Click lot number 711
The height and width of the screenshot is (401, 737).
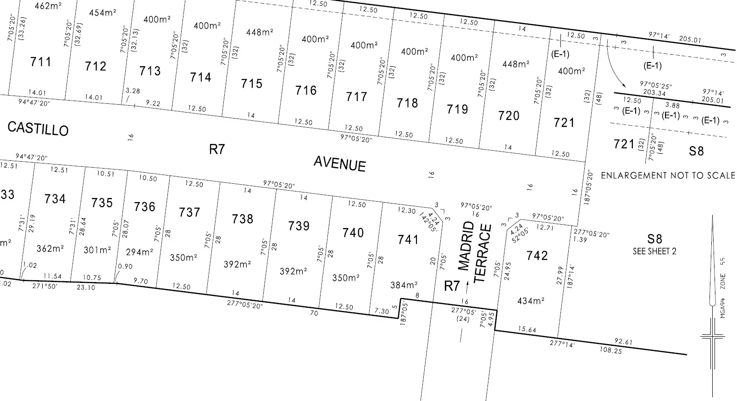click(41, 62)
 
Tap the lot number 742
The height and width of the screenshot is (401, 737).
click(537, 255)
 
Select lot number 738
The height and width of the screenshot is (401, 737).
click(243, 219)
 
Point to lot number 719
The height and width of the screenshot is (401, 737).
click(457, 109)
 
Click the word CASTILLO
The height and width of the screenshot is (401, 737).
click(38, 129)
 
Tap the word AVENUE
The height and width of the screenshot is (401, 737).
click(340, 164)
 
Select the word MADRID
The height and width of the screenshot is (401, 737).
click(466, 246)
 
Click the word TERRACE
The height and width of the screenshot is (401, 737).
click(483, 253)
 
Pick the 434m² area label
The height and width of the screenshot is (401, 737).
click(531, 301)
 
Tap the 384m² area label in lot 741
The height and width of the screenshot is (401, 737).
click(404, 285)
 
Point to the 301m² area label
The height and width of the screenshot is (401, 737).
click(97, 250)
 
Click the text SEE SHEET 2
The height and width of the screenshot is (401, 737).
click(654, 251)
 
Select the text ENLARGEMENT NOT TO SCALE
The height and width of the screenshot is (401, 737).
click(668, 175)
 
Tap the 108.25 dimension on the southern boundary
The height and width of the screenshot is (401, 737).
click(610, 350)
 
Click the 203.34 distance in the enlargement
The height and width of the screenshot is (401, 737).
click(654, 93)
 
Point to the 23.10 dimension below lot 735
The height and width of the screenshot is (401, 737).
click(86, 288)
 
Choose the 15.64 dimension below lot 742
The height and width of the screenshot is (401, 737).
click(527, 329)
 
